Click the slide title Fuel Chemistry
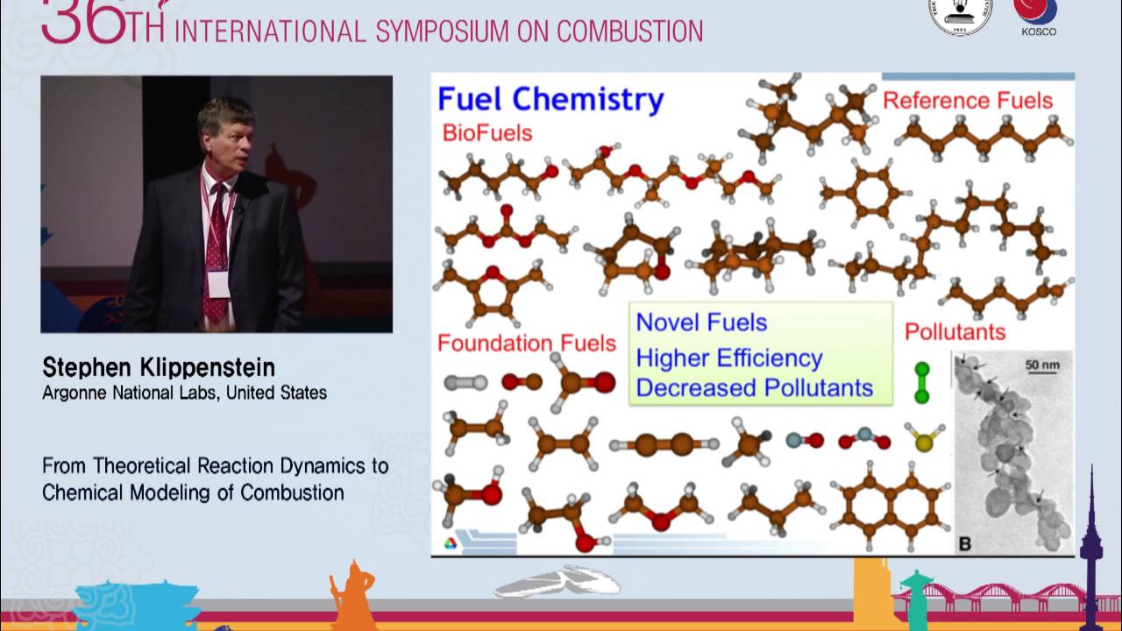coord(550,99)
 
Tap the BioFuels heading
coord(487,133)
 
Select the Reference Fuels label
coord(967,101)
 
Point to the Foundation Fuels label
coord(526,343)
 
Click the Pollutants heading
coord(955,332)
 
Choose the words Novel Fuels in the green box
coord(701,323)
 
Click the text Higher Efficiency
coord(729,358)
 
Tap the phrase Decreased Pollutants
coord(754,387)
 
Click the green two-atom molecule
coord(921,383)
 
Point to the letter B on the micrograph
coord(965,544)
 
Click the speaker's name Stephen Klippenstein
coord(159,367)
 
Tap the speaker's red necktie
coord(216,254)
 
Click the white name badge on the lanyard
coord(218,282)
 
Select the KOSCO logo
coord(1038,18)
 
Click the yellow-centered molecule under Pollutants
coord(923,440)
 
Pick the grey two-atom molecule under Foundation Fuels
coord(465,382)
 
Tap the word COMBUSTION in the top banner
coord(629,32)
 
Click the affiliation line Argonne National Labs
coord(184,393)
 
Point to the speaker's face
coord(225,137)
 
